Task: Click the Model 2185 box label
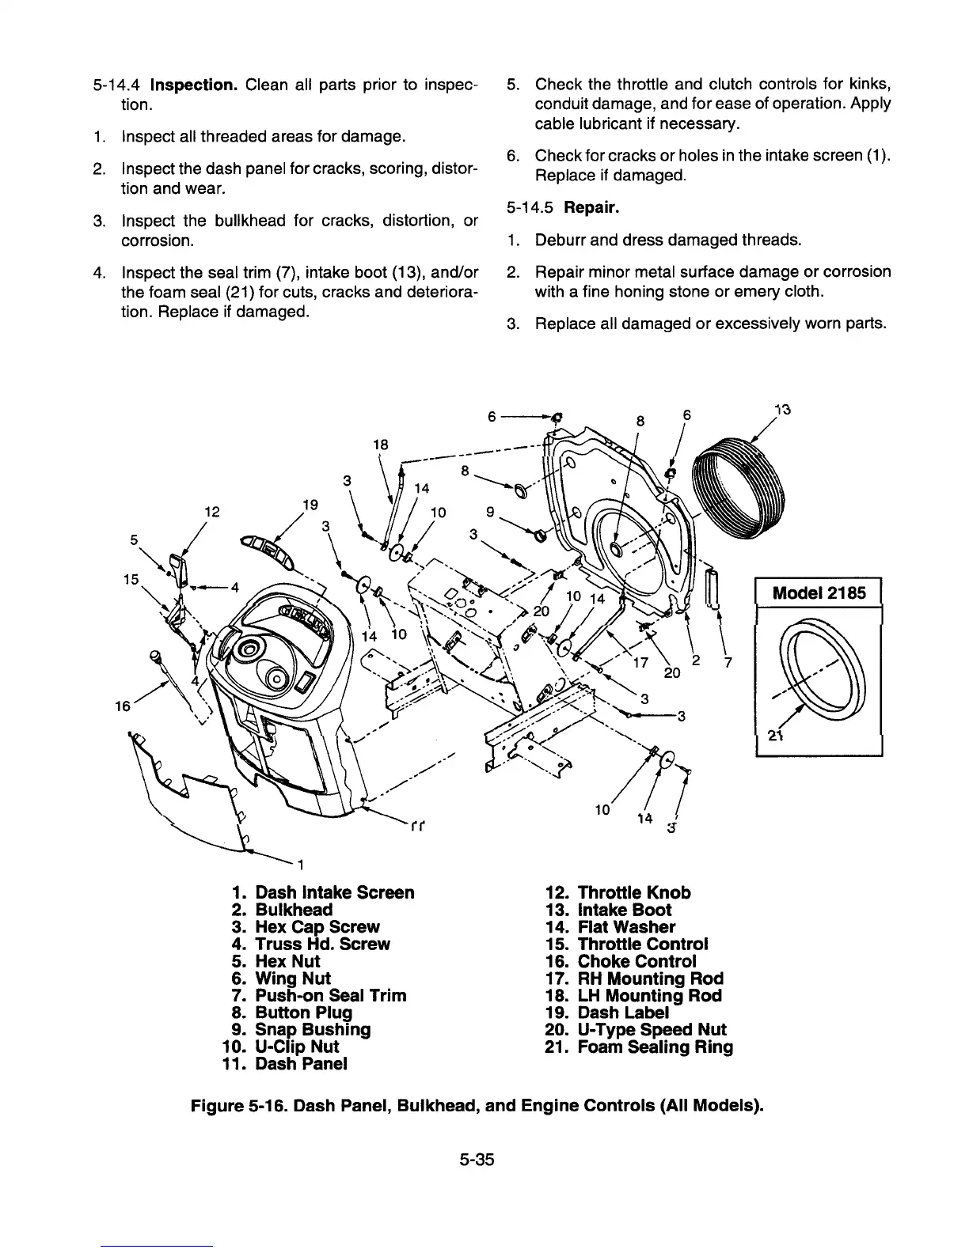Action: [x=819, y=592]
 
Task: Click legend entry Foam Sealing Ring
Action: [x=655, y=1047]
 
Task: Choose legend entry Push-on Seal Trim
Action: [x=330, y=996]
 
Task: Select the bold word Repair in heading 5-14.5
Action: [x=593, y=208]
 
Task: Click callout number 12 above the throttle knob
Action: [x=211, y=513]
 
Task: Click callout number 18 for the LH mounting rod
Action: [x=380, y=445]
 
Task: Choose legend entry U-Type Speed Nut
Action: [x=652, y=1030]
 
